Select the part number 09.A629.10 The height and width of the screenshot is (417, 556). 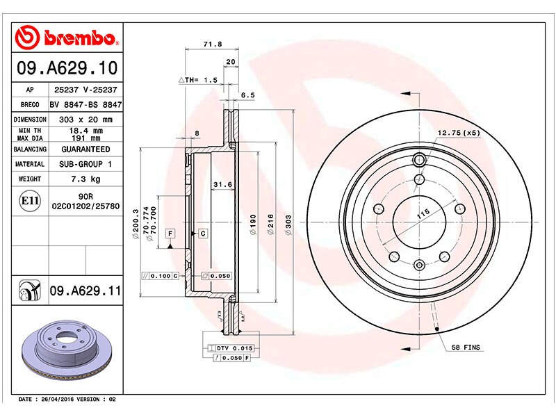click(67, 67)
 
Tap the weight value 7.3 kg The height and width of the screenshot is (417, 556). click(85, 179)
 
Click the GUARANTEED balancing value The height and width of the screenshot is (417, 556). click(85, 149)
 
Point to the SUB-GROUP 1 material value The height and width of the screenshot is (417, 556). click(85, 164)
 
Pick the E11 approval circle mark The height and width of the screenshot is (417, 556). click(30, 201)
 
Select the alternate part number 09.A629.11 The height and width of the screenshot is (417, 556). click(85, 291)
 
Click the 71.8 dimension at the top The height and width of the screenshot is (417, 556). click(213, 44)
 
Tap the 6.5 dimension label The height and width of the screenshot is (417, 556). click(248, 95)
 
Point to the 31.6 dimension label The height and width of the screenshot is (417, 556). click(222, 184)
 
